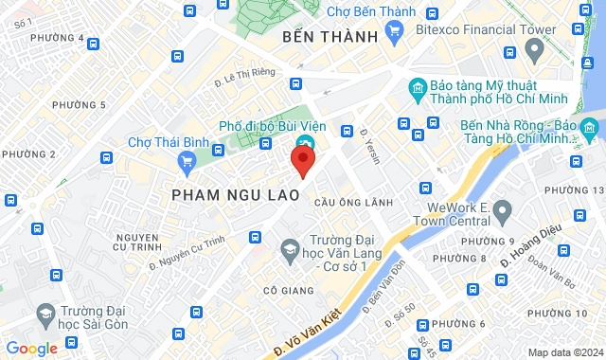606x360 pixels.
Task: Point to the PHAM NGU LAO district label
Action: (236, 194)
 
